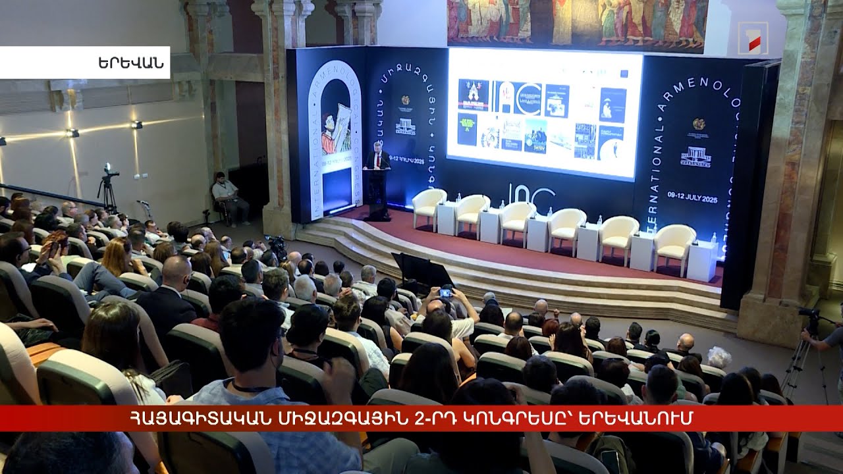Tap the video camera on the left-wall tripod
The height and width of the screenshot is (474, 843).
click(x=109, y=173)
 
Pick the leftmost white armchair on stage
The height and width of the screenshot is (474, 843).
click(x=429, y=206)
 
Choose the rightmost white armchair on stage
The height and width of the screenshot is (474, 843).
click(x=674, y=246)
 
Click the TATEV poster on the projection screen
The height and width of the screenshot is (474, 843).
click(x=535, y=135)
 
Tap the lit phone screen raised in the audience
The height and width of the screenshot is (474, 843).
click(x=446, y=293)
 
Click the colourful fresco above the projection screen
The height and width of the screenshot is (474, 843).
click(x=577, y=23)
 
